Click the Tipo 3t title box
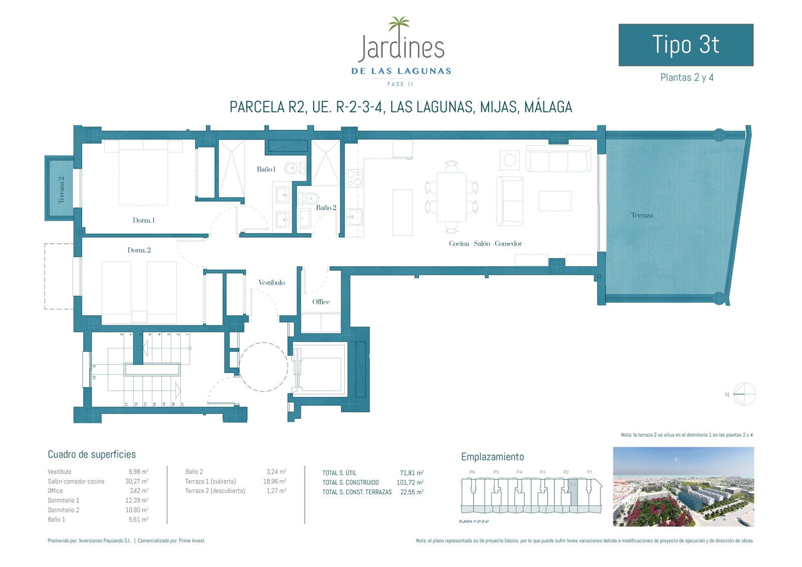[x=686, y=45]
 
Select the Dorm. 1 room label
[x=143, y=220]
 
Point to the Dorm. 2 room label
[x=139, y=250]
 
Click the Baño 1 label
[x=266, y=169]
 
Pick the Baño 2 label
[x=326, y=208]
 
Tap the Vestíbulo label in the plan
[x=271, y=283]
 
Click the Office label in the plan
[x=321, y=302]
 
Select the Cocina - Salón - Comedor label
[x=485, y=244]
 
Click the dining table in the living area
[x=451, y=197]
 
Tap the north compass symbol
[x=744, y=394]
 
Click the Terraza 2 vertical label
[x=62, y=190]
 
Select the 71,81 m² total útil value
[x=411, y=473]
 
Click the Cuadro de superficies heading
[x=92, y=454]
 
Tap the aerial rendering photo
[x=683, y=487]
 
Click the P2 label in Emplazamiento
[x=566, y=472]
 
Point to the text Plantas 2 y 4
[x=687, y=77]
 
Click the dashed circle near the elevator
[x=264, y=366]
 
